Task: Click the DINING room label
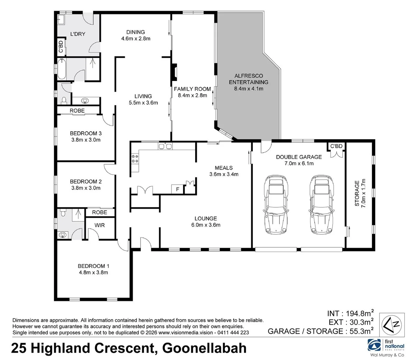pos(135,32)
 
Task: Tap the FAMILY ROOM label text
pos(192,89)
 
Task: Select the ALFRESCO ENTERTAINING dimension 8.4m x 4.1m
pos(249,89)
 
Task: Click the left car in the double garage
pos(276,204)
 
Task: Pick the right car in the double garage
pos(322,204)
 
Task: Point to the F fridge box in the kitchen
pos(177,189)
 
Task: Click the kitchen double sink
pos(165,146)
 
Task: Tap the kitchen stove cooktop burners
pos(135,159)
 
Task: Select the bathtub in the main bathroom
pos(62,69)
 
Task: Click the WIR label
pos(99,225)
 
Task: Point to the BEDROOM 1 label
pos(93,266)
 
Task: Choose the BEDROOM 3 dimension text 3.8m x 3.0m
pos(86,140)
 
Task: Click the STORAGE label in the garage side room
pos(357,193)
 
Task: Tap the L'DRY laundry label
pos(78,34)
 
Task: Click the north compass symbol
pos(392,325)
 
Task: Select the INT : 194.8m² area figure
pos(350,313)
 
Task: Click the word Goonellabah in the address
pos(204,348)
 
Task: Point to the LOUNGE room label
pos(205,218)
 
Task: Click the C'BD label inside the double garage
pos(336,146)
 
